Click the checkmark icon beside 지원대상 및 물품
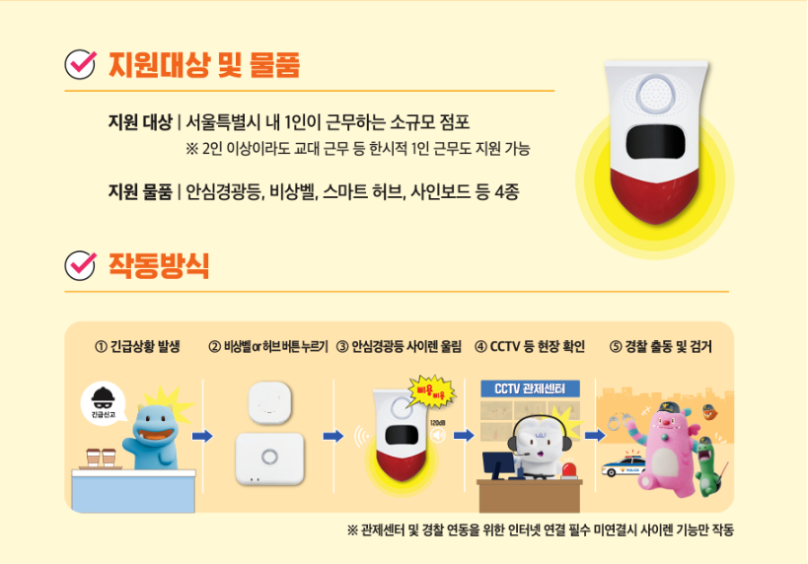(x=80, y=64)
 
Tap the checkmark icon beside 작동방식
(x=80, y=265)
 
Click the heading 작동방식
(x=159, y=266)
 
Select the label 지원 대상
(x=140, y=122)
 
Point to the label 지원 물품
(x=140, y=192)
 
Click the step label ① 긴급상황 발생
(x=137, y=347)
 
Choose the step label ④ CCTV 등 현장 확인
(x=530, y=347)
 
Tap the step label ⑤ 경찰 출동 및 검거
(x=661, y=347)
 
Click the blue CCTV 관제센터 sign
(x=530, y=388)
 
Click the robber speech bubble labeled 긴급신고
(x=104, y=402)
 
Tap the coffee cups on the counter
(x=101, y=458)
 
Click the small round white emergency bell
(x=269, y=401)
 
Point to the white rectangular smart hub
(x=269, y=458)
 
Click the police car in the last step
(x=623, y=464)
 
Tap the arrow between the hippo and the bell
(x=202, y=436)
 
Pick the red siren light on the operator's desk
(x=569, y=469)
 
